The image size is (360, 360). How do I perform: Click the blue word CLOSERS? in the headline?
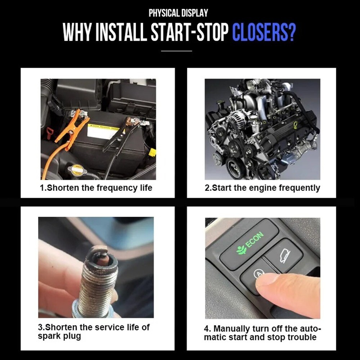click(264, 33)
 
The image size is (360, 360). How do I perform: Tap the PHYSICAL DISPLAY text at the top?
click(179, 13)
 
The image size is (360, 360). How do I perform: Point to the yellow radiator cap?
click(77, 170)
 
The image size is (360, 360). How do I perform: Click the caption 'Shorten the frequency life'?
click(96, 188)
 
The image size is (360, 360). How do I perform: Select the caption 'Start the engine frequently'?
click(262, 188)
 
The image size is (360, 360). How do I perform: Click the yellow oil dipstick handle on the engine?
click(295, 125)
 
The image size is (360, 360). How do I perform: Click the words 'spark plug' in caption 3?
click(59, 336)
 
